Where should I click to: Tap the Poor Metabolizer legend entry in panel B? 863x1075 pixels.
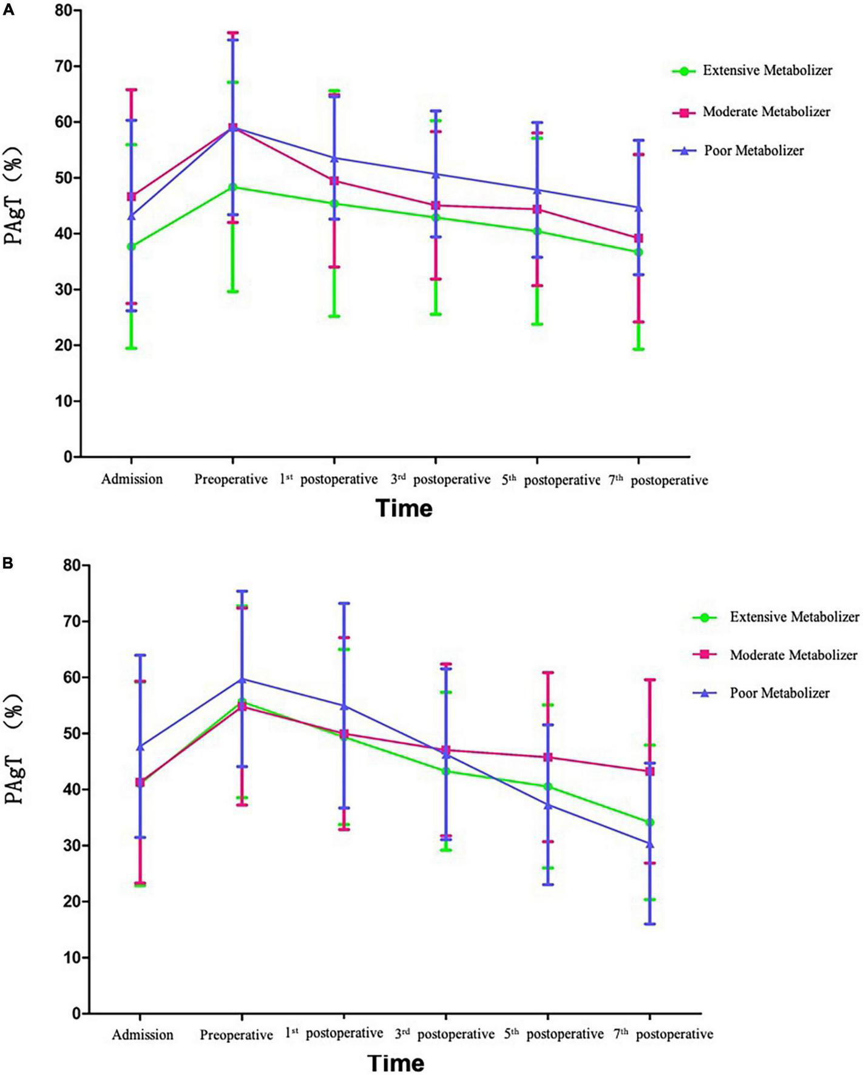[779, 693]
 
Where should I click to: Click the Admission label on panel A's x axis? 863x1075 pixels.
[132, 479]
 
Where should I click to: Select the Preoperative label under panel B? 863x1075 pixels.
[236, 1034]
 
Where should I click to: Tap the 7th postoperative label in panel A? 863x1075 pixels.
[658, 480]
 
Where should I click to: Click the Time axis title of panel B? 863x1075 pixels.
[396, 1063]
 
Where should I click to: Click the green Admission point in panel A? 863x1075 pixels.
[131, 247]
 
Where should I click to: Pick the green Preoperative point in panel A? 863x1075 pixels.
[232, 187]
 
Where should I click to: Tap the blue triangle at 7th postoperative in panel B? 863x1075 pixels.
[650, 844]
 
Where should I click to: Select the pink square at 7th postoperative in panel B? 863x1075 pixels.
[650, 771]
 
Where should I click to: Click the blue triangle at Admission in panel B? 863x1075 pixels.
[140, 747]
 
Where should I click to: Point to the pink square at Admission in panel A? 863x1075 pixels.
[131, 197]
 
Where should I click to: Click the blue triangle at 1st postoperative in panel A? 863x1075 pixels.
[334, 158]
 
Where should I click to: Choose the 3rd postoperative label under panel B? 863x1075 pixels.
[444, 1034]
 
